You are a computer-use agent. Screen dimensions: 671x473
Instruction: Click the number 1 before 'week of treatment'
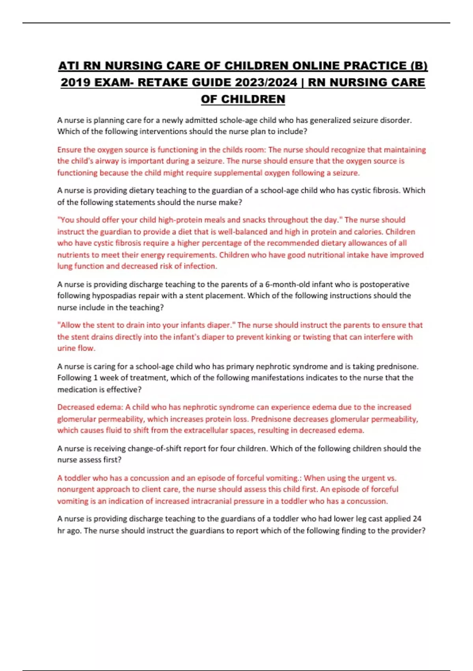click(x=95, y=378)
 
